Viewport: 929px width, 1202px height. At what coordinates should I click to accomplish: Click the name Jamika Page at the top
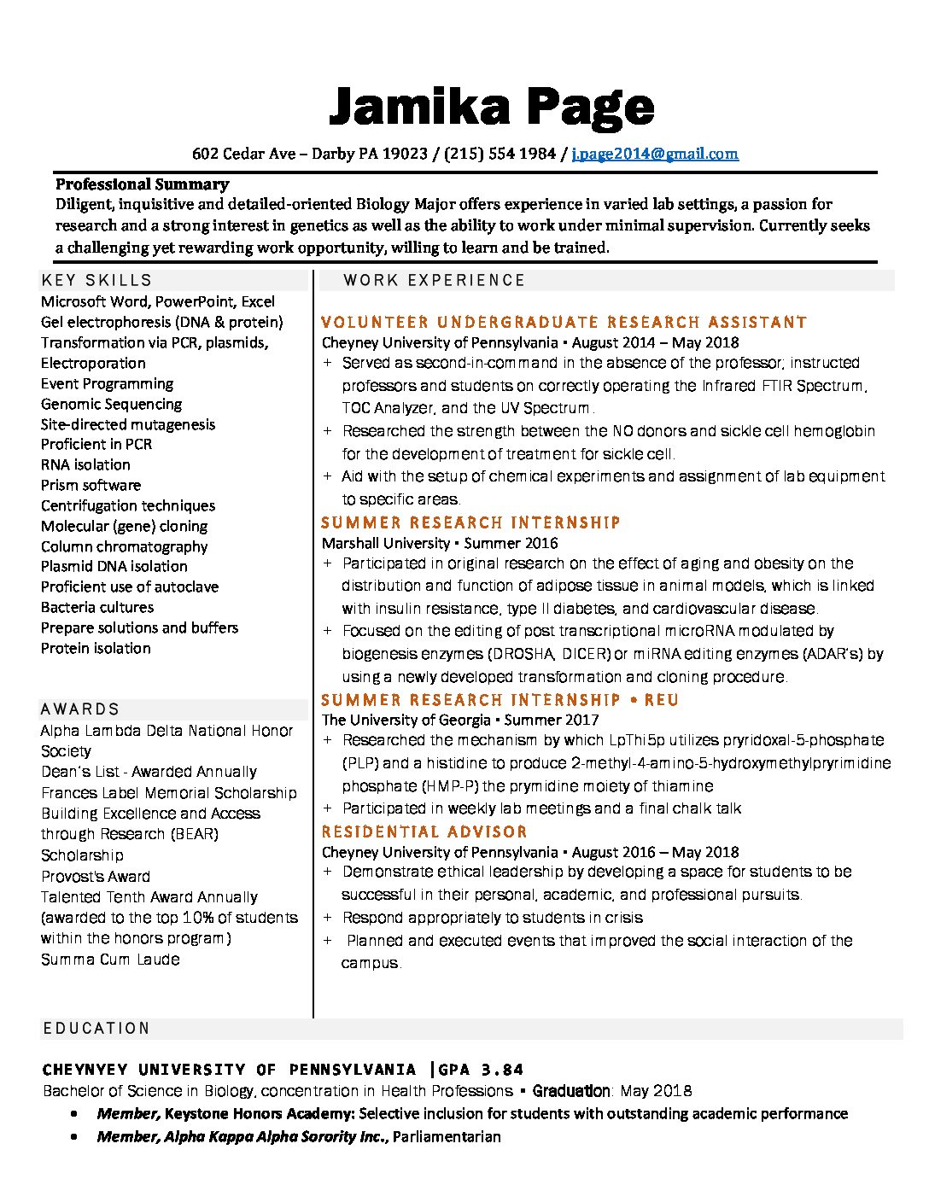[491, 108]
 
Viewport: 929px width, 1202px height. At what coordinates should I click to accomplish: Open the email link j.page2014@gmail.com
[655, 154]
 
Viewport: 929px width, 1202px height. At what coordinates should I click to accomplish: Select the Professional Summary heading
[142, 184]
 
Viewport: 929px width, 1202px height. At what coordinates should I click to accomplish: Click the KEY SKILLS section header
[96, 280]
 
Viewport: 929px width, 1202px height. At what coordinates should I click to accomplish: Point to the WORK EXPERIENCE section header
[434, 280]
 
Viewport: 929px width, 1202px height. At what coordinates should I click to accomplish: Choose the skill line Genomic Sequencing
[111, 404]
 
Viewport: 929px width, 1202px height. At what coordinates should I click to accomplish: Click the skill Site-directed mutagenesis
[128, 424]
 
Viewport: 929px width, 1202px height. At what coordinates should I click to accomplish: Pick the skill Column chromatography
[124, 546]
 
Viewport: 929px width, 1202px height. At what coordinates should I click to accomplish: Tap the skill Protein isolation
[96, 648]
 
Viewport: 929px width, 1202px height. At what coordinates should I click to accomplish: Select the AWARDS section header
[80, 709]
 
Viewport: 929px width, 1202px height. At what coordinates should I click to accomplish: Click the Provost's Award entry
[96, 876]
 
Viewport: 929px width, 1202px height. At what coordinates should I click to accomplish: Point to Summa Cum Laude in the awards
[110, 959]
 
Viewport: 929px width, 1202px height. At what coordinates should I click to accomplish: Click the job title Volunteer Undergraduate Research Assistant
[564, 322]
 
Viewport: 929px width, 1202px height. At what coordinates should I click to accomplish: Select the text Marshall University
[385, 543]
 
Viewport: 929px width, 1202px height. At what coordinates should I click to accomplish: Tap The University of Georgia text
[406, 720]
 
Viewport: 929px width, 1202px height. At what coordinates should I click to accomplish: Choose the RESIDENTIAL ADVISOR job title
[424, 831]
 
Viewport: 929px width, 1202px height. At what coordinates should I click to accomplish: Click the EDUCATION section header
[96, 1028]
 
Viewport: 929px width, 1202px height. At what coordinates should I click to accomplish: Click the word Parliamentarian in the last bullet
[447, 1136]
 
